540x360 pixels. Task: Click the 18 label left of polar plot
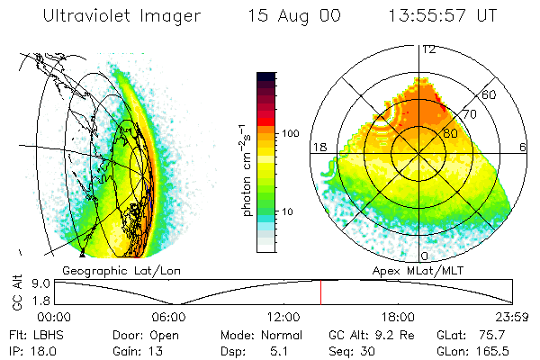(319, 147)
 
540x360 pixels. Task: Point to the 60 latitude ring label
(490, 94)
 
